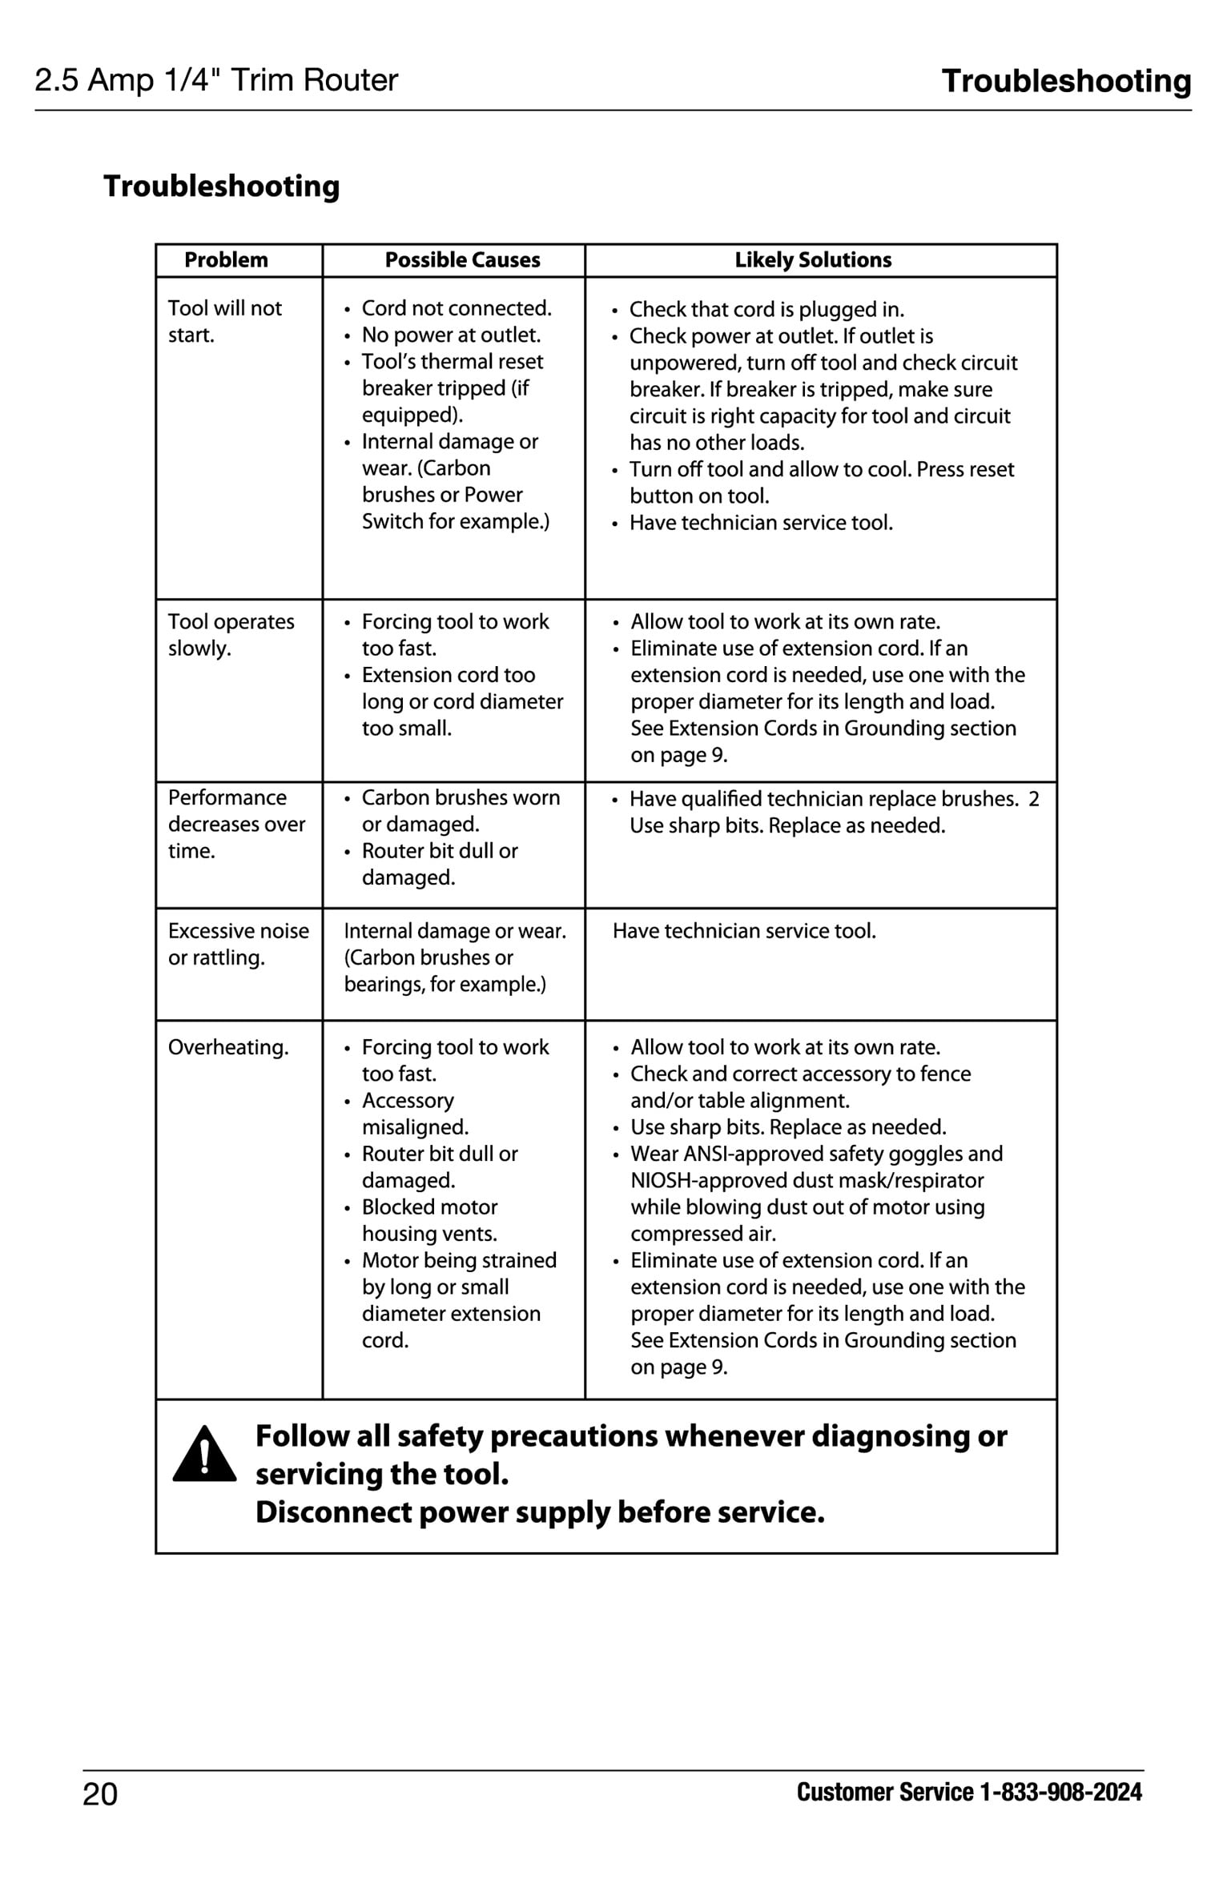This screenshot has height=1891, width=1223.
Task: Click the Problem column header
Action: point(226,260)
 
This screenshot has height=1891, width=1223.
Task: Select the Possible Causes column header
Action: point(462,260)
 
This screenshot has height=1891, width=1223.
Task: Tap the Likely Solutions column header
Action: point(812,260)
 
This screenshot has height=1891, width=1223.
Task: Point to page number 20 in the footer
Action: point(100,1794)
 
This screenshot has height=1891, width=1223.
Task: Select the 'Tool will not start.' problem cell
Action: point(224,321)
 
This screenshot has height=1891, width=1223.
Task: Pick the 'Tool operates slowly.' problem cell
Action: point(231,635)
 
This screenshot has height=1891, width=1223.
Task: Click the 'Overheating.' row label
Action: point(228,1047)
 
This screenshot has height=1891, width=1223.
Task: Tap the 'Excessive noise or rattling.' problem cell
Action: point(238,944)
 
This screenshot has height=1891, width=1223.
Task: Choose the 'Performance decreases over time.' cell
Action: point(236,824)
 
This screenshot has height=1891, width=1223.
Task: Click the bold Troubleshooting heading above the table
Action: point(222,186)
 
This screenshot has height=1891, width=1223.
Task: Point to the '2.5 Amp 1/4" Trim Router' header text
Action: point(216,80)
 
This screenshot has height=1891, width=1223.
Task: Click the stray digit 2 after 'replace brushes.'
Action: point(1033,799)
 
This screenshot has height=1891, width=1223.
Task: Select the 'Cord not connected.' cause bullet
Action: point(456,308)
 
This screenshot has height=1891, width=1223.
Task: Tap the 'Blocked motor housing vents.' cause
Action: point(429,1220)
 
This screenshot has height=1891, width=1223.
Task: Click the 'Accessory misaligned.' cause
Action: point(415,1114)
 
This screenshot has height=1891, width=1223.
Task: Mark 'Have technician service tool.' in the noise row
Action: point(744,931)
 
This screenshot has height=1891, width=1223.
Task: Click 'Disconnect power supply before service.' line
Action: point(540,1512)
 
